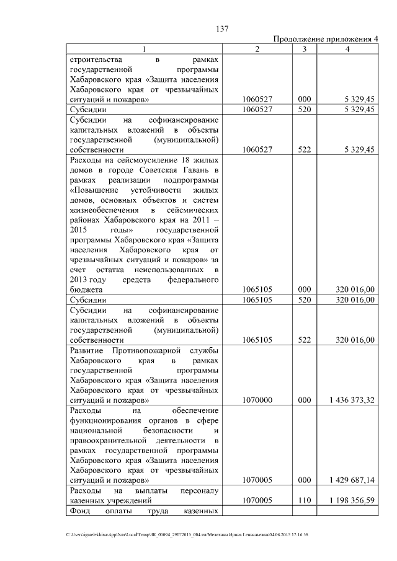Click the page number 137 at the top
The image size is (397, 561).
pyautogui.click(x=223, y=28)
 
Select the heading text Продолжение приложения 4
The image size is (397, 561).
pyautogui.click(x=326, y=39)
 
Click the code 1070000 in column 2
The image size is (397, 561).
pyautogui.click(x=260, y=400)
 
